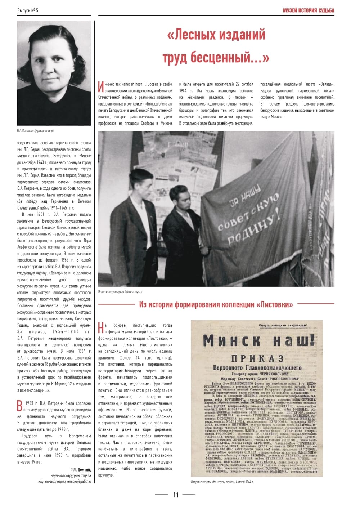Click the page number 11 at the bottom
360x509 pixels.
pyautogui.click(x=176, y=495)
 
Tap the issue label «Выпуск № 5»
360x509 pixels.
pyautogui.click(x=28, y=10)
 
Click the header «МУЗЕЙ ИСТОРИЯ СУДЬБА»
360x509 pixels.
pyautogui.click(x=309, y=10)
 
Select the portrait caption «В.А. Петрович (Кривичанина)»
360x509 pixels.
pyautogui.click(x=35, y=131)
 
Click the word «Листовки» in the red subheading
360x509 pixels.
pyautogui.click(x=275, y=305)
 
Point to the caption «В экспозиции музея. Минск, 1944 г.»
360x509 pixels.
pyautogui.click(x=121, y=292)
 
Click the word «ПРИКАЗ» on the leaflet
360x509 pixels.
pyautogui.click(x=257, y=358)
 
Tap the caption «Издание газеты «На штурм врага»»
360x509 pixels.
pyautogui.click(x=222, y=482)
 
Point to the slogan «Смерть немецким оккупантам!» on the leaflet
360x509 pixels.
pyautogui.click(x=283, y=326)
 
